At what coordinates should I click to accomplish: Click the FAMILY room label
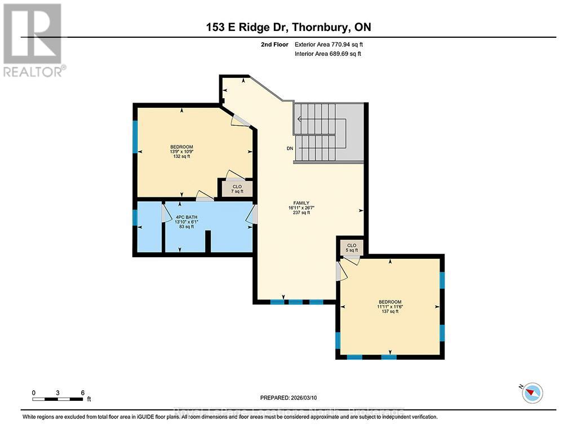(300, 202)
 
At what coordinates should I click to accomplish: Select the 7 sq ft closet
(237, 188)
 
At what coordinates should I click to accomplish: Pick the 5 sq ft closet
(352, 248)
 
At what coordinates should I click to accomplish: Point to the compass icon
(532, 392)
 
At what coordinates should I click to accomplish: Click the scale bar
(58, 399)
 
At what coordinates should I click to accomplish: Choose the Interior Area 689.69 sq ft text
(327, 54)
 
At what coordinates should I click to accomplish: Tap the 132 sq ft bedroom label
(181, 156)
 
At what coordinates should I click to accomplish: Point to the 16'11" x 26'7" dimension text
(300, 207)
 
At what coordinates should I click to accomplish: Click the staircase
(329, 134)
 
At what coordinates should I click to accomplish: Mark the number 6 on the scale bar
(83, 392)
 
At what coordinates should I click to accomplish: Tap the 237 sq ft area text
(300, 213)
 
